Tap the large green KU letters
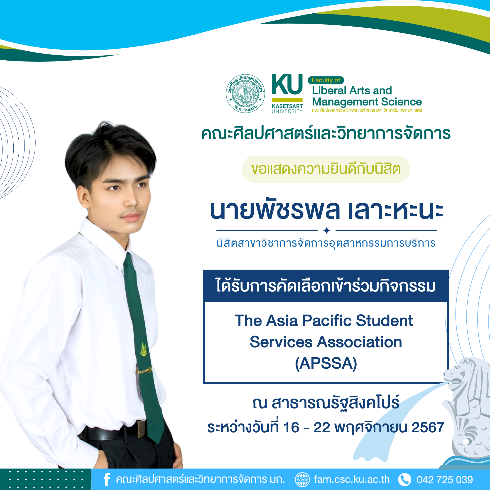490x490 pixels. coord(287,84)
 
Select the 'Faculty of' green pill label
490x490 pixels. coord(326,80)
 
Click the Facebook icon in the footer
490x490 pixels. coord(107,479)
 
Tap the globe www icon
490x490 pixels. coord(302,480)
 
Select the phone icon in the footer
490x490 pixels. coord(404,480)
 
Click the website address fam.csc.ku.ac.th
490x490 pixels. coord(352,480)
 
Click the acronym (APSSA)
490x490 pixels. coord(326,363)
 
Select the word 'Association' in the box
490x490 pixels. coord(359,342)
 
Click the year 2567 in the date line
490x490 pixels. coord(428,427)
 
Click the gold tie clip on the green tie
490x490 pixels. coord(144,371)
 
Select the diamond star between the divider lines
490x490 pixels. coord(327,230)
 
